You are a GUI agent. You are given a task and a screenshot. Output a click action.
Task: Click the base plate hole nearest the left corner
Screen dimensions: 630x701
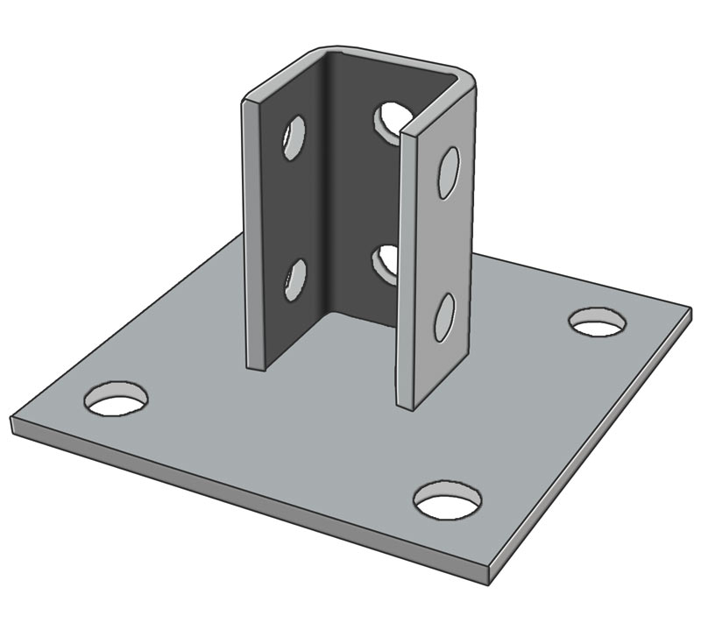point(116,400)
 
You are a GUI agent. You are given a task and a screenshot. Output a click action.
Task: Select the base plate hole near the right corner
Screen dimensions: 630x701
point(598,322)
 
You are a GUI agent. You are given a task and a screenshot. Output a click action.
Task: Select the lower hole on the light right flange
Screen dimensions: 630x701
point(445,317)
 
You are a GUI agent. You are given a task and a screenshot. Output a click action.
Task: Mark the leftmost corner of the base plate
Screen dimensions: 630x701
point(12,421)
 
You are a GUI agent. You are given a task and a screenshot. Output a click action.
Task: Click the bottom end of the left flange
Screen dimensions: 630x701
point(256,366)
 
